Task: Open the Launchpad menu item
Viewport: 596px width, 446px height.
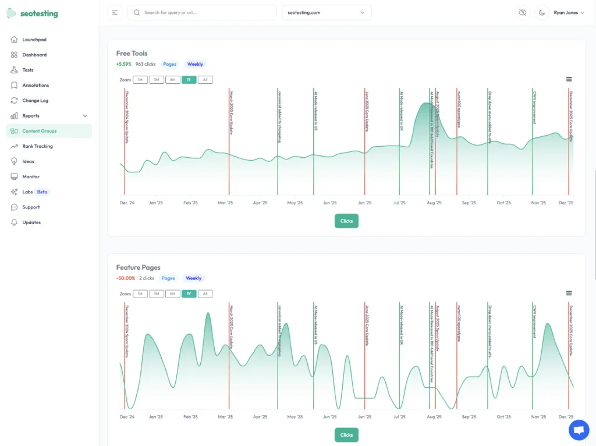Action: (34, 40)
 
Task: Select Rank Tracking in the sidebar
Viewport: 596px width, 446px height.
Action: (37, 146)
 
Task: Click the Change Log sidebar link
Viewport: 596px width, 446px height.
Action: (36, 101)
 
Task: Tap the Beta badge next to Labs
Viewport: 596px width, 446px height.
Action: (42, 192)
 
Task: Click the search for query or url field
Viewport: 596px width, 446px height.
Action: (202, 12)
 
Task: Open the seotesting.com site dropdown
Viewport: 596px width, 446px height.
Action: (326, 12)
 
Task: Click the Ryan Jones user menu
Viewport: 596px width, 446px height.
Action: (569, 12)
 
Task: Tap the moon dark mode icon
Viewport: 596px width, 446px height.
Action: (542, 12)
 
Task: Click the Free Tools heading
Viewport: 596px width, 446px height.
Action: (132, 54)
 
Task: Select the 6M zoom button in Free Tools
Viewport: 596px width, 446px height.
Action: (172, 80)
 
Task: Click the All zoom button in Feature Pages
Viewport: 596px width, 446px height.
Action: (205, 294)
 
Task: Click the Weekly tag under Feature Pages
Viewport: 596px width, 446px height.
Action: (193, 278)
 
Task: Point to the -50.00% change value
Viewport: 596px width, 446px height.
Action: (125, 278)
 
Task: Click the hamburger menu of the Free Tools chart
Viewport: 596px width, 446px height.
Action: (569, 79)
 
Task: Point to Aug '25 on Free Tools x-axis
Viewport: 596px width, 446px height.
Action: (434, 203)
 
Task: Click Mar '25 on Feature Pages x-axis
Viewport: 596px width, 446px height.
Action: (225, 417)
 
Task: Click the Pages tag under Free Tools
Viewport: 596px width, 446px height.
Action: (169, 64)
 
